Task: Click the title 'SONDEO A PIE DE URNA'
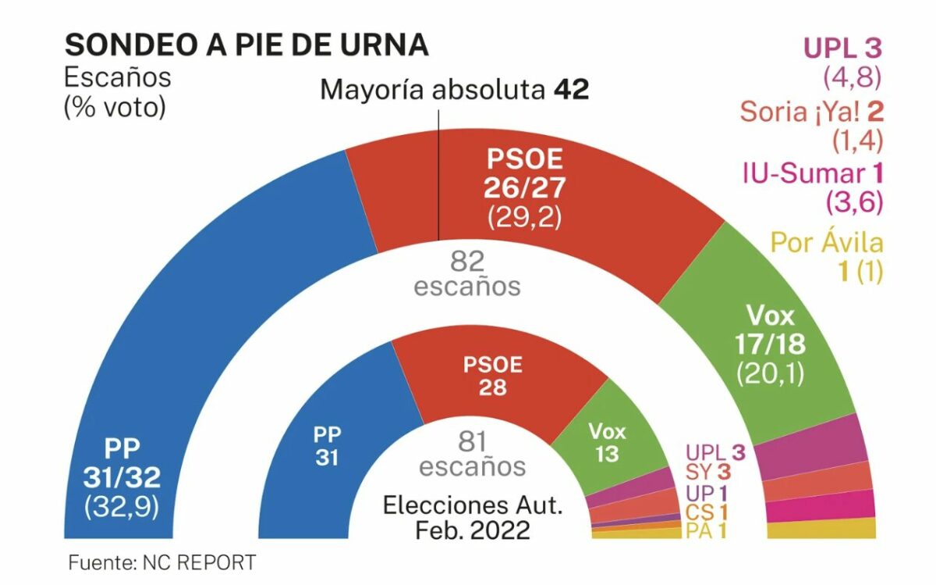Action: pos(246,45)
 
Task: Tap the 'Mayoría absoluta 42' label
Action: pos(454,90)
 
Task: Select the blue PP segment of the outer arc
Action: pos(195,312)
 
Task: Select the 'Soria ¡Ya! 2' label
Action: pos(811,112)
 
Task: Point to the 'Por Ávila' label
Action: pos(827,242)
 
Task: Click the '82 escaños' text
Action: pos(467,273)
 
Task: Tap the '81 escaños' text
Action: pos(472,455)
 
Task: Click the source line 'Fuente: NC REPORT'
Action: pos(161,562)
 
